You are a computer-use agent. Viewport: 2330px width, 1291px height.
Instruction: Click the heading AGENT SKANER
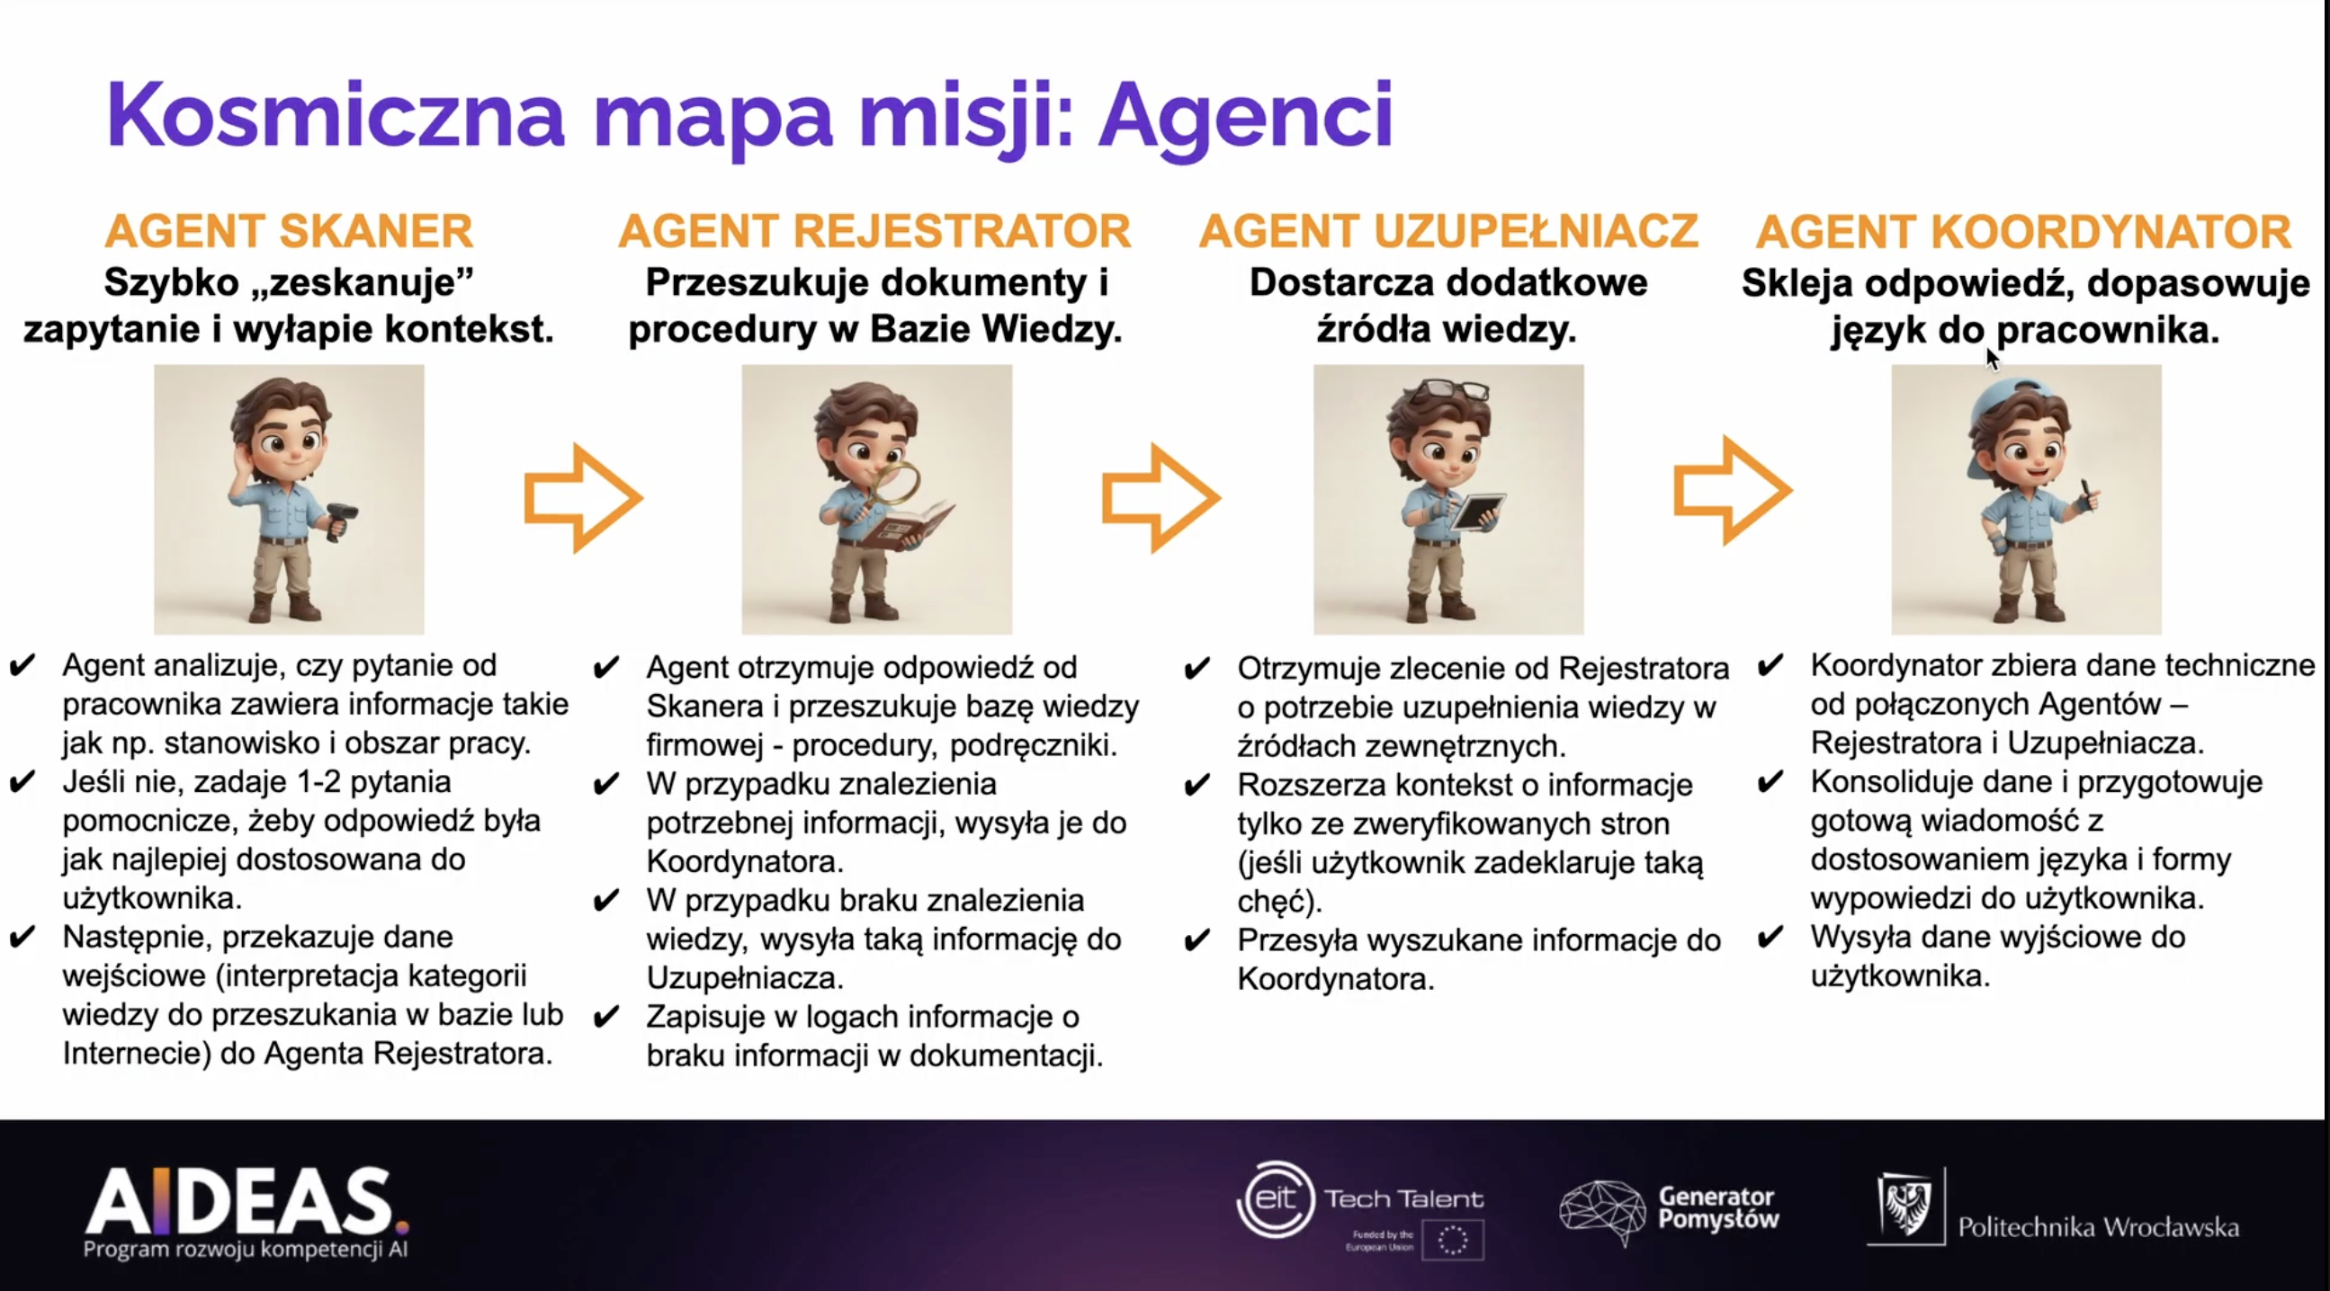tap(289, 231)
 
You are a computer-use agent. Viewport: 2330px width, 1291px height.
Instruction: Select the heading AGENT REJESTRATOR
tap(874, 231)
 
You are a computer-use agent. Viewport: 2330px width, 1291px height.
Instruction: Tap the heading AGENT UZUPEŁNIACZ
tap(1449, 231)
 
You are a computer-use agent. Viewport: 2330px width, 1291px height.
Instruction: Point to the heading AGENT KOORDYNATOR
tap(2024, 231)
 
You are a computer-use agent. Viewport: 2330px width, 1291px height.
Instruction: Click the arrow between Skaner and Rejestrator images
tap(584, 497)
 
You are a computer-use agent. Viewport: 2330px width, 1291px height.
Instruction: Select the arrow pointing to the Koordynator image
tap(1732, 490)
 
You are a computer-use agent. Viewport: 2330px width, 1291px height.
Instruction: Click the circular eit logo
tap(1276, 1199)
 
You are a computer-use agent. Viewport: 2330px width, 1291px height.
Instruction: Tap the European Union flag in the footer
tap(1453, 1240)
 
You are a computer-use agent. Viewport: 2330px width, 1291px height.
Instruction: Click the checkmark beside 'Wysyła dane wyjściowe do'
tap(1770, 937)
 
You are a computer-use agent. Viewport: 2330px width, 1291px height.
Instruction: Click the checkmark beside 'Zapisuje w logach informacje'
tap(606, 1017)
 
